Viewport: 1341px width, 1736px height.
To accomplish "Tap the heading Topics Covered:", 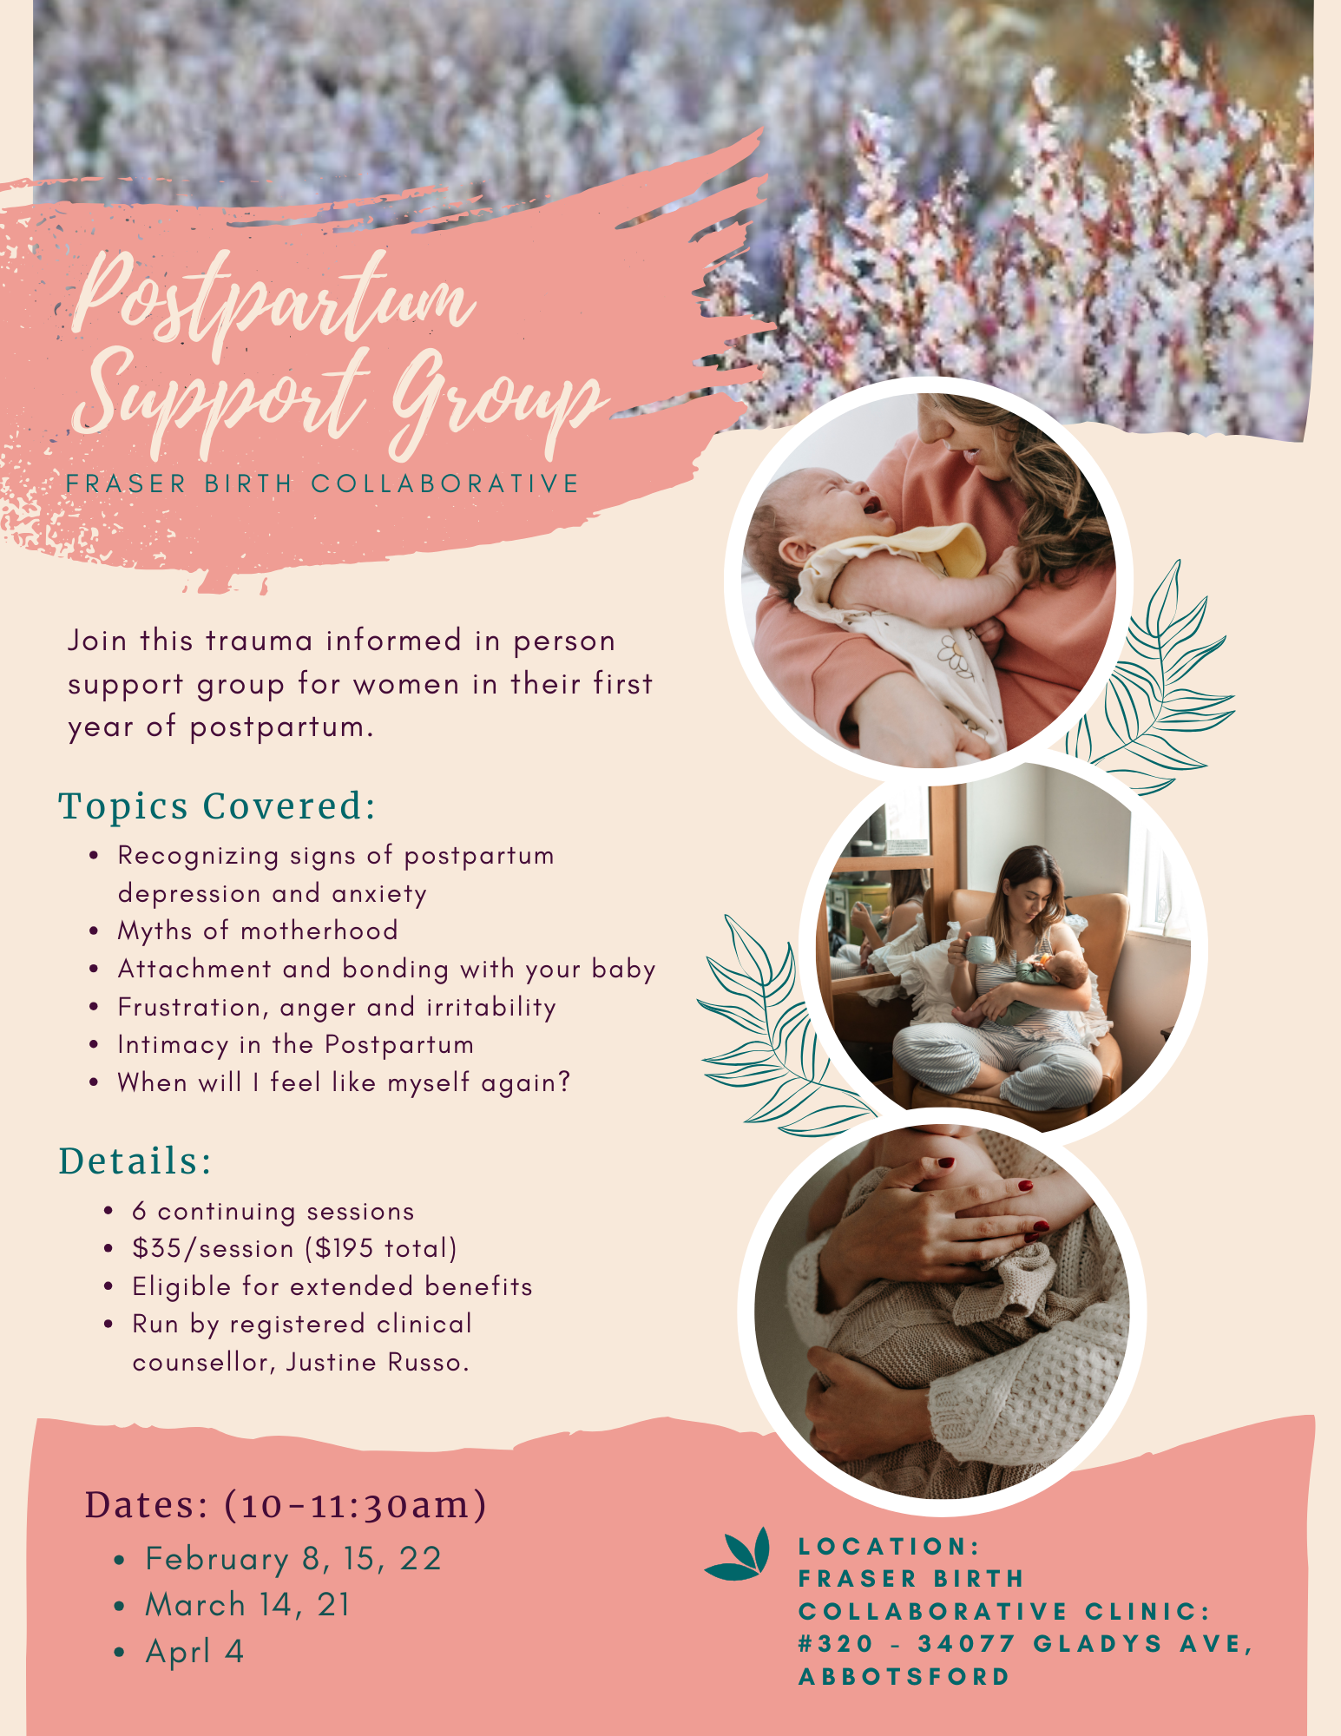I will (217, 806).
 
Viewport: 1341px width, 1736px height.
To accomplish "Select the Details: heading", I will (135, 1161).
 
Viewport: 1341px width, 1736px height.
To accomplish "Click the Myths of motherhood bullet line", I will (258, 930).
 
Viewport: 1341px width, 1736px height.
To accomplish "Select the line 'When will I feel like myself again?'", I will (344, 1082).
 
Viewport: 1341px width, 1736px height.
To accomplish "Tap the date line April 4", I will (194, 1651).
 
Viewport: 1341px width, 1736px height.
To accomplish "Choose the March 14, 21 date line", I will (247, 1605).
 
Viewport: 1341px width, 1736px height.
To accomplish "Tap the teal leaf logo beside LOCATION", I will (739, 1554).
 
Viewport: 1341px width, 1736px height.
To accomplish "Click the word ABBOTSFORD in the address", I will (904, 1677).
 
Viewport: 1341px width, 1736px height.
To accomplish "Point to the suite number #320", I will (836, 1644).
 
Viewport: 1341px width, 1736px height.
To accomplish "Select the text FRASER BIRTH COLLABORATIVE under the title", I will (323, 483).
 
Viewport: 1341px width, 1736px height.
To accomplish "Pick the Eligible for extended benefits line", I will (332, 1286).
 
